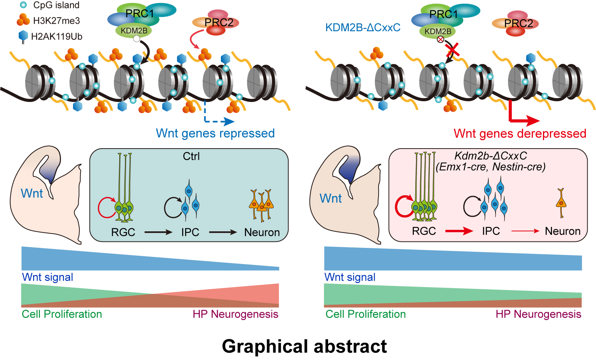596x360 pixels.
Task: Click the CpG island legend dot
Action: click(23, 5)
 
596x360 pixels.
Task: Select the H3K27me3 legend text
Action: click(56, 21)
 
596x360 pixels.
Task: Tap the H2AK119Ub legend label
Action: click(56, 36)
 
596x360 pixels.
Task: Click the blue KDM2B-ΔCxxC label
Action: click(363, 27)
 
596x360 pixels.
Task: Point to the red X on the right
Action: click(452, 50)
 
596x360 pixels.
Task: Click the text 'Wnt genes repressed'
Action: click(215, 133)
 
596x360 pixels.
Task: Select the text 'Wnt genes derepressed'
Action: click(520, 134)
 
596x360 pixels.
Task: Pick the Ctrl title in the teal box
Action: click(191, 156)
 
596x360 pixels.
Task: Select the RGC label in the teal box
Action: click(123, 232)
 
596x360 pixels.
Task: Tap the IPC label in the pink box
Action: click(491, 231)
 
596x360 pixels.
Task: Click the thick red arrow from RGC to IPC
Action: click(459, 231)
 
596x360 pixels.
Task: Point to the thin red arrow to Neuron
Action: click(525, 231)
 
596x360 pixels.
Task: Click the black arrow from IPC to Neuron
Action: click(223, 232)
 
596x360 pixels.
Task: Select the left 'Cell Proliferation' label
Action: click(62, 314)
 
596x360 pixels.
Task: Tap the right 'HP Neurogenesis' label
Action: click(538, 314)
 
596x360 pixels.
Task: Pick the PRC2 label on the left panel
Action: click(219, 23)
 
